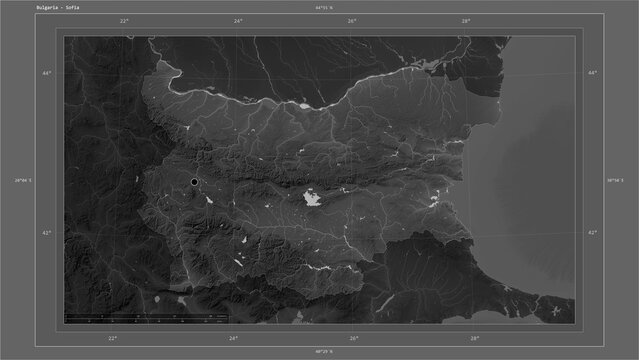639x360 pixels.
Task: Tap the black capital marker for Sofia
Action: pos(194,182)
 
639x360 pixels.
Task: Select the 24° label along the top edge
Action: pos(238,20)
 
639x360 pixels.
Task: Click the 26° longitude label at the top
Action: pos(352,20)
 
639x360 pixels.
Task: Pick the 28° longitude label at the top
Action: pos(466,20)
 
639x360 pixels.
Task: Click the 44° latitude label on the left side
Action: pos(46,73)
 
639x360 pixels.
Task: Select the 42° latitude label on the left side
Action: pos(46,232)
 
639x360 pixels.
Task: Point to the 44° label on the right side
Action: pos(592,73)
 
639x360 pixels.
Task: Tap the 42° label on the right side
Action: pos(592,232)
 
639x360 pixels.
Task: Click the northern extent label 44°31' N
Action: pos(320,9)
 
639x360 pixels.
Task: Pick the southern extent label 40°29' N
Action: pos(320,352)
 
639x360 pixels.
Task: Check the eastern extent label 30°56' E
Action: pos(617,180)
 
